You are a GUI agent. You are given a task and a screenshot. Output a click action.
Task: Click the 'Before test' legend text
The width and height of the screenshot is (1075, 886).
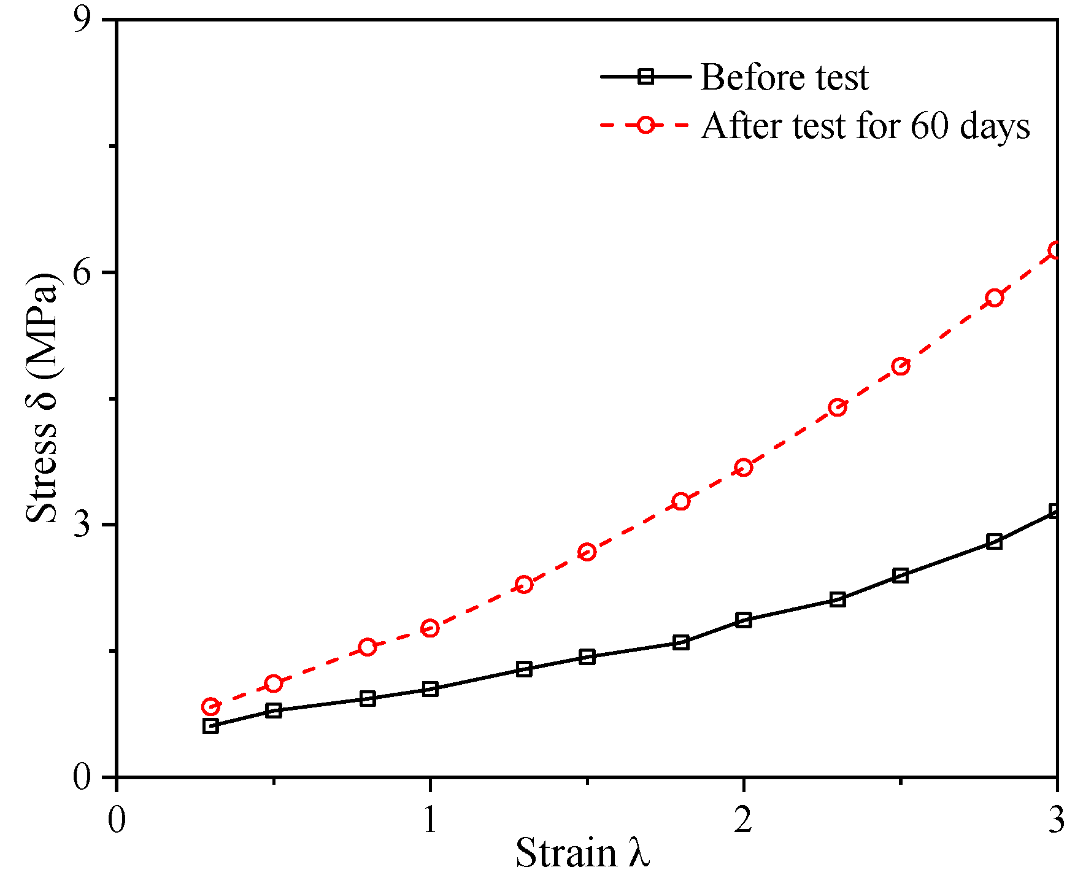[x=784, y=78]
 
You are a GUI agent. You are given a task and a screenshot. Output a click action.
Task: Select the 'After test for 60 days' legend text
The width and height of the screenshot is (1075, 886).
[x=865, y=126]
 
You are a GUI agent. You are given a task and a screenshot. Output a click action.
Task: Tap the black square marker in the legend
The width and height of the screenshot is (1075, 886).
[x=645, y=77]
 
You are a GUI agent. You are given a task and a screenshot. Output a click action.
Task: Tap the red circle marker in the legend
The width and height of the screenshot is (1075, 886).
[x=645, y=125]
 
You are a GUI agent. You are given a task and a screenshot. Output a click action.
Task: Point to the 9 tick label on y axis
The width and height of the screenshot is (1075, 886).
[x=82, y=20]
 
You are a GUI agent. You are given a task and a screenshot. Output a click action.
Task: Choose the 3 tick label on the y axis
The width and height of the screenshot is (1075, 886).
[x=82, y=525]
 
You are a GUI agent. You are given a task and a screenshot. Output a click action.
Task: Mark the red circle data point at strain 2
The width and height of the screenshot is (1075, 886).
[x=744, y=468]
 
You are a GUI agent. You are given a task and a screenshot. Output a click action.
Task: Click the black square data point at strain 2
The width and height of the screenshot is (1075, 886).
[x=744, y=620]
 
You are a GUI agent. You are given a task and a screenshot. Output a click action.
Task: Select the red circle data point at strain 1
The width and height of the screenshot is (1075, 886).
[x=430, y=628]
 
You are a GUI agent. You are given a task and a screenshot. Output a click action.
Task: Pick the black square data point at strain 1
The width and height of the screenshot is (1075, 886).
[x=430, y=689]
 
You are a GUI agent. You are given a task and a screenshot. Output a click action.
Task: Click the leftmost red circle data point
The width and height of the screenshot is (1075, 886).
[x=210, y=707]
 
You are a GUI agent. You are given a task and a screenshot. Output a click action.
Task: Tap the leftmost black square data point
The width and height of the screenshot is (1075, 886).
[x=210, y=726]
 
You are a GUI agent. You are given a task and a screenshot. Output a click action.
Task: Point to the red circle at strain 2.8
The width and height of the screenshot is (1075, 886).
[x=995, y=298]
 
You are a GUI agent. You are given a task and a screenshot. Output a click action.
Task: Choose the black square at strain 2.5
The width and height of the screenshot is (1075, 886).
[x=900, y=576]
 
